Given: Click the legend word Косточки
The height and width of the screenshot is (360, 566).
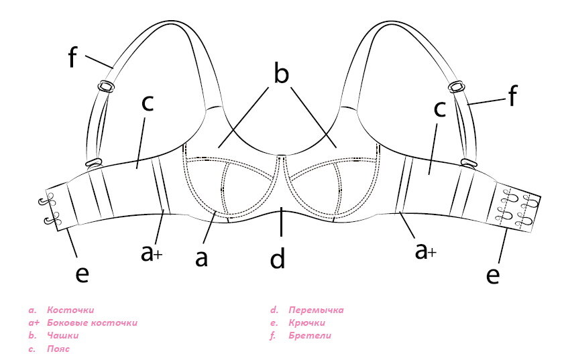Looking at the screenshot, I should pos(70,310).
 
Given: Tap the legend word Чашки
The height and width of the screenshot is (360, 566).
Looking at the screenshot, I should pos(63,336).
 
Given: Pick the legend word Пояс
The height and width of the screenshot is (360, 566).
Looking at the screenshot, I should pos(58,349).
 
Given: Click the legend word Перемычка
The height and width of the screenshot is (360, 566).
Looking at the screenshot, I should pos(316,310).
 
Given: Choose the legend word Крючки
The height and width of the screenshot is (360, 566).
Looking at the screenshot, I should pos(306,323).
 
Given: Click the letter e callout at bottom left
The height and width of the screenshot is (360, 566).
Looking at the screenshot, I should pos(82,274).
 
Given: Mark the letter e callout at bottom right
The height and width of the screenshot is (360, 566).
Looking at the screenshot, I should pos(493,274).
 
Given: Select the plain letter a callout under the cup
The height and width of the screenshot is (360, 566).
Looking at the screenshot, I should pos(202,257).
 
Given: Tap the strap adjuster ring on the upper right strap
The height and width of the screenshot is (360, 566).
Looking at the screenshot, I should pos(457,85).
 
